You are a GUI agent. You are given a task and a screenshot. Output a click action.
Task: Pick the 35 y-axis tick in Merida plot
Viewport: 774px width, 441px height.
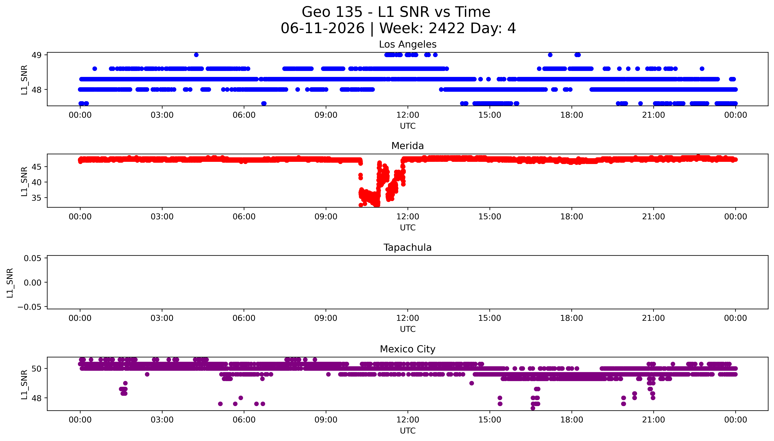[37, 198]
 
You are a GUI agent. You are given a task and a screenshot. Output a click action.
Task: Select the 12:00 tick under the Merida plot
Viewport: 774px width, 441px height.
[408, 217]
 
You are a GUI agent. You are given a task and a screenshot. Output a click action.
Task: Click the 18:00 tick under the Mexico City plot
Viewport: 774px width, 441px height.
[572, 420]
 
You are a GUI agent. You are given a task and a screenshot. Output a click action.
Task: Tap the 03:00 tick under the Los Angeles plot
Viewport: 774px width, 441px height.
[162, 115]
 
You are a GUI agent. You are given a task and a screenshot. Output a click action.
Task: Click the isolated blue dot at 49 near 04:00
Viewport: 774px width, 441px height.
[196, 55]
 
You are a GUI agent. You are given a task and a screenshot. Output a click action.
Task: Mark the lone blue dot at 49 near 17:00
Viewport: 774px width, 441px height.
[550, 55]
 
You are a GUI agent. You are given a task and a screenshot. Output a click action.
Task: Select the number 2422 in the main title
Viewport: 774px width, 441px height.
[447, 28]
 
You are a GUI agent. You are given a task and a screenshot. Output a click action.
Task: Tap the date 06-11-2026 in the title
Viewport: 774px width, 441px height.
[323, 28]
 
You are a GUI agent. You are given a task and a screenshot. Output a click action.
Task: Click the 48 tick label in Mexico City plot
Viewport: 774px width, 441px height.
[37, 398]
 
